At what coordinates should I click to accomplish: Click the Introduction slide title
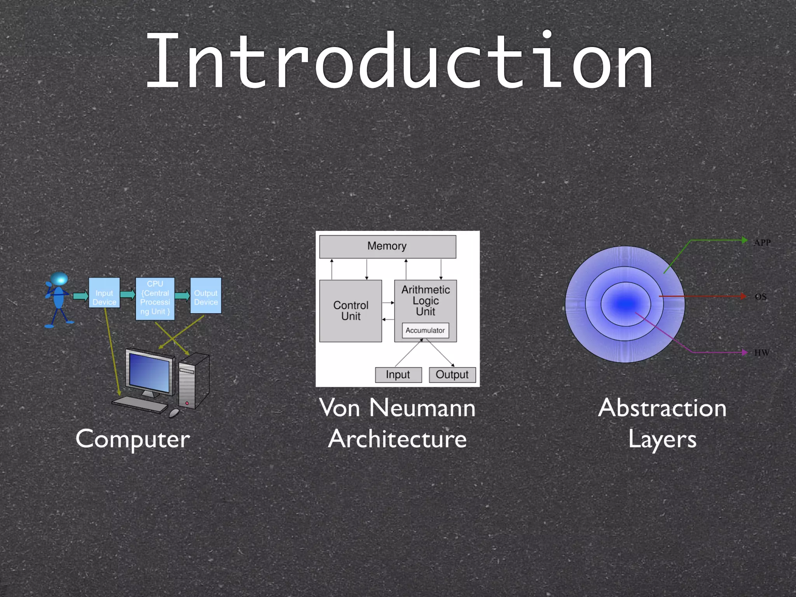click(399, 62)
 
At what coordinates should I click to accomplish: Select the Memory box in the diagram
click(387, 246)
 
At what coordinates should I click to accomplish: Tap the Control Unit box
click(351, 311)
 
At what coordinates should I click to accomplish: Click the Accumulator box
click(425, 330)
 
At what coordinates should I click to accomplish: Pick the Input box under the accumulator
click(398, 375)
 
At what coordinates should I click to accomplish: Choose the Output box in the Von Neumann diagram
click(452, 375)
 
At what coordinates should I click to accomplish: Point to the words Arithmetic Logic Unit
click(426, 300)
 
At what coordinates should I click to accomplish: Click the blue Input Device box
click(104, 297)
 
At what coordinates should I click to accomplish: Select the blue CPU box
click(155, 298)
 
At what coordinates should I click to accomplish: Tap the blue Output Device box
click(206, 297)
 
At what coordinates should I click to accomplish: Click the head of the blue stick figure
click(59, 279)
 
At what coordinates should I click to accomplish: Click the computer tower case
click(193, 381)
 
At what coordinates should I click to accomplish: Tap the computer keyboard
click(140, 405)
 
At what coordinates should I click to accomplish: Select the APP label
click(762, 243)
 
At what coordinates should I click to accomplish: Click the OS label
click(761, 297)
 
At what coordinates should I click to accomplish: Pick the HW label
click(761, 353)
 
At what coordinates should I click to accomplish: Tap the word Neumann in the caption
click(422, 408)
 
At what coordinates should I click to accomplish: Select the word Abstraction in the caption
click(662, 408)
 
